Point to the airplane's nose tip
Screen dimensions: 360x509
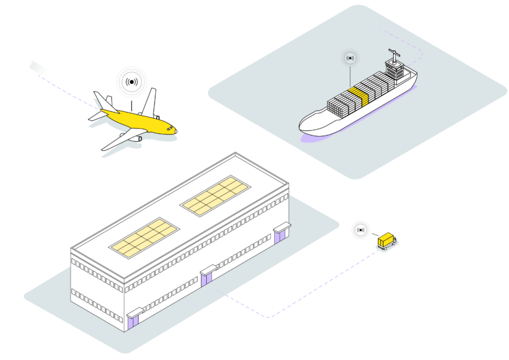(176, 132)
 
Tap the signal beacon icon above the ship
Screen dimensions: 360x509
(349, 59)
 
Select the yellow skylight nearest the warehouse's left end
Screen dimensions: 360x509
(143, 237)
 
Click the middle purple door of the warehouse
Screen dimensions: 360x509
(207, 280)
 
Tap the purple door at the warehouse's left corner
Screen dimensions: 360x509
(132, 318)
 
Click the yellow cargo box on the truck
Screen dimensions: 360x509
(386, 240)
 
